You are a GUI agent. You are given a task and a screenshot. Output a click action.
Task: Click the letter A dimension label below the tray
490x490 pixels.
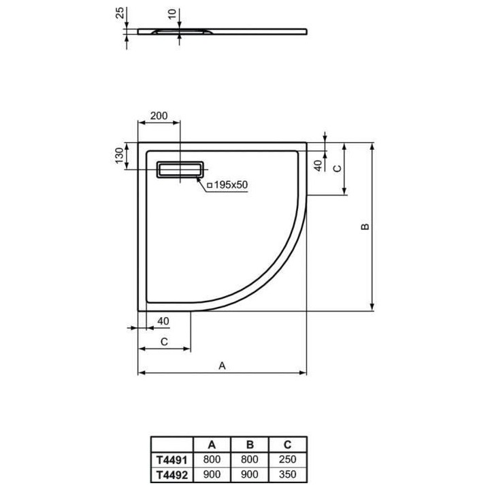(x=222, y=365)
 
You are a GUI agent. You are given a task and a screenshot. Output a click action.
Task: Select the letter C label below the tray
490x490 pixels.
(x=164, y=341)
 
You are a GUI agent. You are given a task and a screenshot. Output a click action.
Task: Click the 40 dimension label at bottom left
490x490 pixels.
(x=163, y=321)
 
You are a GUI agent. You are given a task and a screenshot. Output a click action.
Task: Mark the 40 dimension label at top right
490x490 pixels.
(x=317, y=164)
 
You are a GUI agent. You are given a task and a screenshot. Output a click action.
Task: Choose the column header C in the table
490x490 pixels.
(x=288, y=446)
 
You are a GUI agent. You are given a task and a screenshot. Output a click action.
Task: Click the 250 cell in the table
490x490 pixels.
(x=288, y=459)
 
